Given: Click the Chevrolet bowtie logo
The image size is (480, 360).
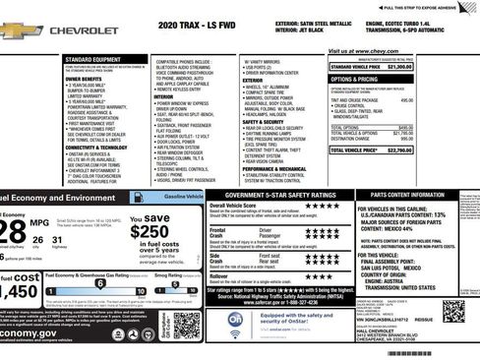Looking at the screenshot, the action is pos(17,30).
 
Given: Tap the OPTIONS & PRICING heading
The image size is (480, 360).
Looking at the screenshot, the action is pos(355,78).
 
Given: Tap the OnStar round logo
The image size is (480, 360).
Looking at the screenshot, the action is pos(235,320).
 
